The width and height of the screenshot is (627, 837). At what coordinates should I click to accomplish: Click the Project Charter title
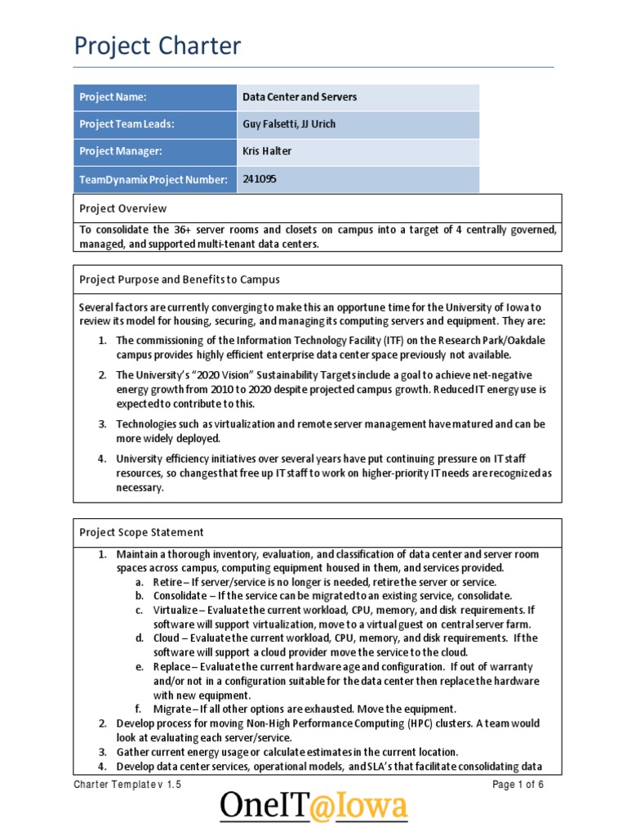[158, 47]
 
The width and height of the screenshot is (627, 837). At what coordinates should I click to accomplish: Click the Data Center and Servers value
[300, 97]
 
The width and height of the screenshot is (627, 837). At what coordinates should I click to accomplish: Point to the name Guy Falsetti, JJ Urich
[289, 124]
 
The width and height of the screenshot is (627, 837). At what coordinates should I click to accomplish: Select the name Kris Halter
[267, 151]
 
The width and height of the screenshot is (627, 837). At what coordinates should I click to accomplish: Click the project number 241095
[260, 178]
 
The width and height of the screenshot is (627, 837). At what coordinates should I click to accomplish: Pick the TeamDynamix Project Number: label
[153, 179]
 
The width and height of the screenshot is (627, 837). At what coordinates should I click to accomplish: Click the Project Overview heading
[122, 208]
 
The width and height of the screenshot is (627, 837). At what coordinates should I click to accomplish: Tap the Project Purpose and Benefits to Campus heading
[179, 280]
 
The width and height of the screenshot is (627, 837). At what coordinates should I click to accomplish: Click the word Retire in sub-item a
[167, 582]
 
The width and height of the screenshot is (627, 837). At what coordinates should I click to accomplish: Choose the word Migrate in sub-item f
[171, 708]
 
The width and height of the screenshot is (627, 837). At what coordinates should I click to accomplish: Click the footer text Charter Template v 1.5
[127, 784]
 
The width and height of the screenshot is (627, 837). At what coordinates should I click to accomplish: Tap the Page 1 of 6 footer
[518, 784]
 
